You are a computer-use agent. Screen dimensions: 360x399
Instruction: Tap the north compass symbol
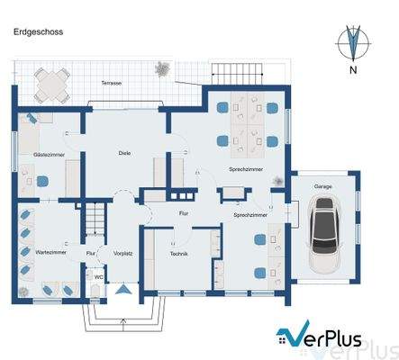tap(354, 45)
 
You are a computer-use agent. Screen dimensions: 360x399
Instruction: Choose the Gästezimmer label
tap(48, 156)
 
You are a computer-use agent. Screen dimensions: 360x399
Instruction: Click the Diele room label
tap(124, 153)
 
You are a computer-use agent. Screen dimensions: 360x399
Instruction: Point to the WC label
tap(98, 277)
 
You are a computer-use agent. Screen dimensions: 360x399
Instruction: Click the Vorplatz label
tap(123, 255)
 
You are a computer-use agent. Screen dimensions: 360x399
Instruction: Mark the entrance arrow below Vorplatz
tap(122, 289)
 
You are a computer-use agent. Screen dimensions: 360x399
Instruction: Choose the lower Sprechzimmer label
tap(249, 216)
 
